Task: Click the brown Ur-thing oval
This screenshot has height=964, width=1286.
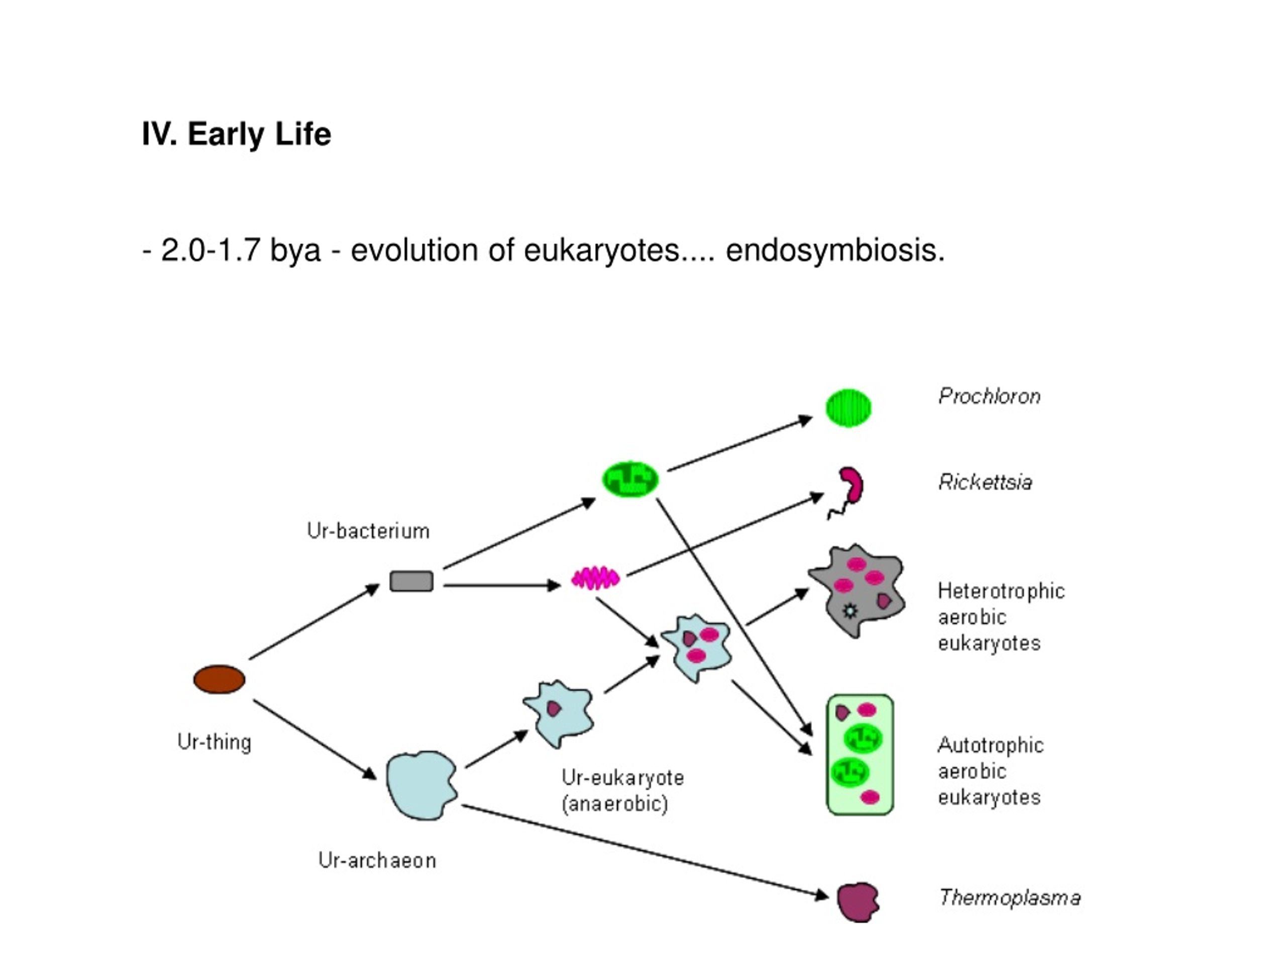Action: point(219,679)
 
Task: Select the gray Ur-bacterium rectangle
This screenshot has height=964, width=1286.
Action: point(411,581)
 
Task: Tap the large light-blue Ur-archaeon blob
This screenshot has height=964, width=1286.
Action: point(421,785)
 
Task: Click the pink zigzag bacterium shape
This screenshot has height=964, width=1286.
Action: point(596,578)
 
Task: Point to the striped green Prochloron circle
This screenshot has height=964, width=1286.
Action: point(849,408)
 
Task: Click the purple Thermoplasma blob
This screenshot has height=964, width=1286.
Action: point(858,902)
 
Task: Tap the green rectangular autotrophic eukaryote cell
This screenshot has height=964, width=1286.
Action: point(860,755)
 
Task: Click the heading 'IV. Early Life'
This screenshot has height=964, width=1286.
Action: point(237,134)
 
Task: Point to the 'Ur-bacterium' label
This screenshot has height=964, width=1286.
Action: point(368,531)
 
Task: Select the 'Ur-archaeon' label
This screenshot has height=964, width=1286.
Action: point(377,861)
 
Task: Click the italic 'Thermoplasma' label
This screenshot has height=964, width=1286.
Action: point(1010,898)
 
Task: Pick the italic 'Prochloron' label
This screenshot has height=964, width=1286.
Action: point(990,396)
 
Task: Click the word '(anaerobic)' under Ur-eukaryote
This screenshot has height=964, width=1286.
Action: point(615,804)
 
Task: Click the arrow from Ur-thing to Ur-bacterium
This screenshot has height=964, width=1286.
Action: point(314,622)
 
